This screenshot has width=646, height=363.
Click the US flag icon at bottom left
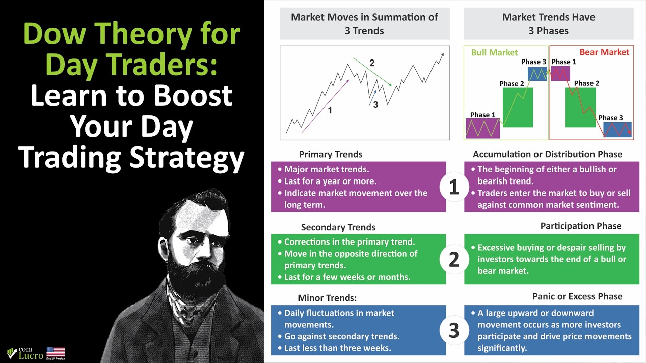click(56, 352)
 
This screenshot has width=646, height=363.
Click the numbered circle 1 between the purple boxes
click(454, 187)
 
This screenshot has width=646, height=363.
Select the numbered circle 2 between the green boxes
click(454, 259)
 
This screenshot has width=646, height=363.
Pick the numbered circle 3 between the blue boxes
click(454, 330)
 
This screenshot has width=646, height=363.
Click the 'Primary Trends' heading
click(331, 154)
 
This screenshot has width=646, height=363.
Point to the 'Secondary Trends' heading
click(338, 227)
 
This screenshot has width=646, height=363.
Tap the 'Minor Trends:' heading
click(327, 298)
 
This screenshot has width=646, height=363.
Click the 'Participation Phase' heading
click(580, 226)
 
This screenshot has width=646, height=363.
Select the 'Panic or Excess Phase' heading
click(577, 296)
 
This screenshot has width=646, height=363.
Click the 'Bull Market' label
click(494, 52)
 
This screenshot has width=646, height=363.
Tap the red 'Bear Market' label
click(604, 52)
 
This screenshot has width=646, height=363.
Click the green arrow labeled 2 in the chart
click(372, 72)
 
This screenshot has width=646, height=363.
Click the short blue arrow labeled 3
click(372, 98)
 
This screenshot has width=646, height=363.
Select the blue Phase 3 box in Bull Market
click(537, 74)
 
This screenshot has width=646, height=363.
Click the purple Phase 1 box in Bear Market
click(560, 74)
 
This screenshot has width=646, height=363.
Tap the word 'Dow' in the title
click(58, 34)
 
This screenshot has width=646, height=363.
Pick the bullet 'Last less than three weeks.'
click(337, 348)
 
